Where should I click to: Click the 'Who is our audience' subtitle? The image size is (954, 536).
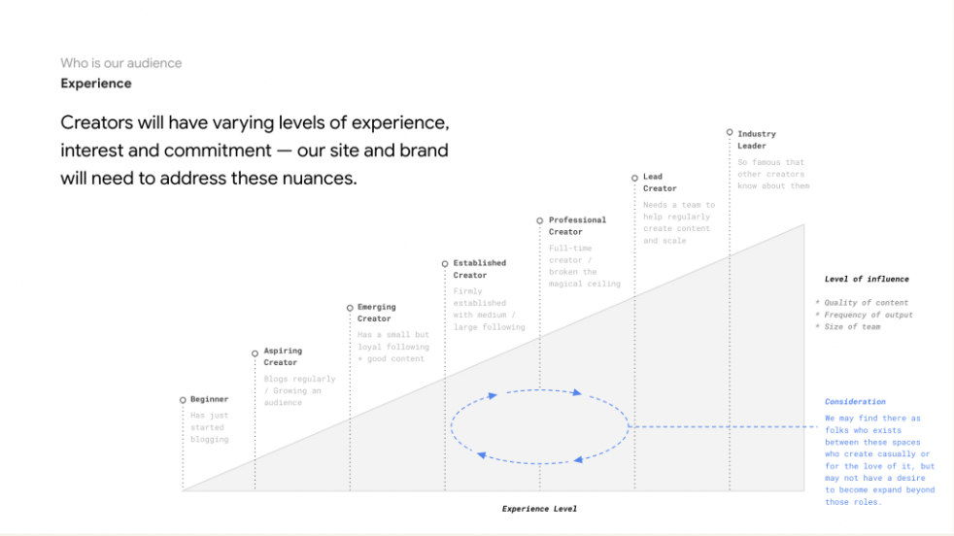121,63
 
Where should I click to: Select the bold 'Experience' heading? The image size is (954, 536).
96,84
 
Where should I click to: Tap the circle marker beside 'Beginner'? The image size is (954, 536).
183,400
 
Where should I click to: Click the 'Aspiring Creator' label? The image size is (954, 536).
283,356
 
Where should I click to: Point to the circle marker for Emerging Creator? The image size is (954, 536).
350,308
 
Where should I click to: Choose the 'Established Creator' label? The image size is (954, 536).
480,269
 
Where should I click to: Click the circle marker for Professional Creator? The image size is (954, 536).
540,220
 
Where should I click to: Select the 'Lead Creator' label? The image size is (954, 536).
660,183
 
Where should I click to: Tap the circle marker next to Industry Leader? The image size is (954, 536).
730,132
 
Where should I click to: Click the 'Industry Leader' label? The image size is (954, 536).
756,140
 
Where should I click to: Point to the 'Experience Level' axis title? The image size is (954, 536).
539,509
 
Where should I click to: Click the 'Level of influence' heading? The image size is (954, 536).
867,280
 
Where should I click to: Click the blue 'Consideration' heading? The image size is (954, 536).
855,402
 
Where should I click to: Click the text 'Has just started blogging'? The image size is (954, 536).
209,427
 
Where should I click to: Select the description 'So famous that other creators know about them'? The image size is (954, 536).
773,174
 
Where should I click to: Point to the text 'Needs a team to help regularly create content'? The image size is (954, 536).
679,217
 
